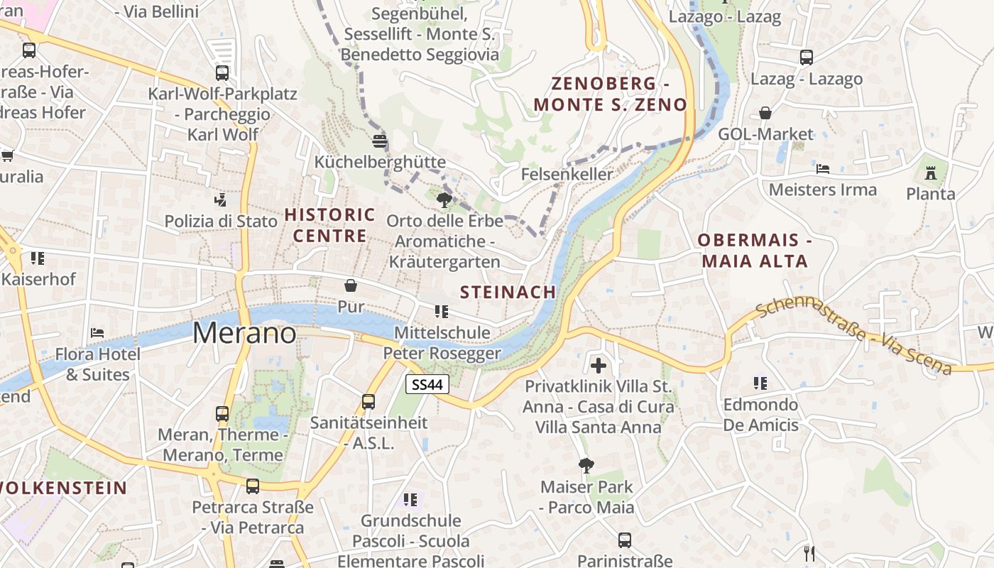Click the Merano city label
[x=244, y=333]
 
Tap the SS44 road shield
[x=428, y=385]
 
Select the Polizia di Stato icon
[x=221, y=200]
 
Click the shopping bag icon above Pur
[x=351, y=285]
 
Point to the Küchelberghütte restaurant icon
[x=380, y=140]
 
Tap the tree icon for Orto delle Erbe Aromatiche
[x=445, y=200]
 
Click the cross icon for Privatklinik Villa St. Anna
[x=599, y=366]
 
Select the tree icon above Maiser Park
[x=586, y=466]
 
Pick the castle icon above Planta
[x=931, y=172]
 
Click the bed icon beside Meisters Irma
[x=823, y=168]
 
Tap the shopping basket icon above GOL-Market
[x=765, y=113]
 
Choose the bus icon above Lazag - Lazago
[x=807, y=58]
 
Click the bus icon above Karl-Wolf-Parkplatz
[x=222, y=72]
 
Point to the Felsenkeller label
[x=567, y=174]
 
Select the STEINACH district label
[x=508, y=292]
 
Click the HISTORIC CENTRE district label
[x=329, y=225]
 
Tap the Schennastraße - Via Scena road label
[x=853, y=337]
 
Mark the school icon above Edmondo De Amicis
[x=760, y=383]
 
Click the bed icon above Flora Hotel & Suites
[x=98, y=332]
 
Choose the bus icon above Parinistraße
[x=625, y=540]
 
